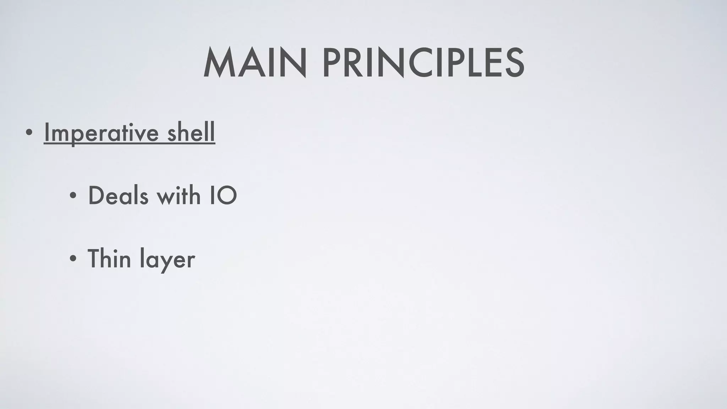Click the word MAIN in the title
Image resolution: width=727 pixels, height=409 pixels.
click(255, 64)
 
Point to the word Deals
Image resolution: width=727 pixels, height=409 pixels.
click(118, 196)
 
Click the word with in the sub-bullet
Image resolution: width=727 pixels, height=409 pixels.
click(179, 196)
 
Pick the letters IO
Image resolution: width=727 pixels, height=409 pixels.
click(223, 196)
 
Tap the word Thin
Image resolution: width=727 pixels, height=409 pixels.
click(109, 258)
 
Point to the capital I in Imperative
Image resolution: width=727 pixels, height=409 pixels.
click(46, 132)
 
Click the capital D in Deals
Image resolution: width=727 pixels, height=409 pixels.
click(97, 196)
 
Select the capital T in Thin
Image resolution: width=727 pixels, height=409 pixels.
click(95, 258)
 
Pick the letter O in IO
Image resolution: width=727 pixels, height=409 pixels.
click(227, 196)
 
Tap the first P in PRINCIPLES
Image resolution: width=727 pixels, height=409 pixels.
click(330, 64)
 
